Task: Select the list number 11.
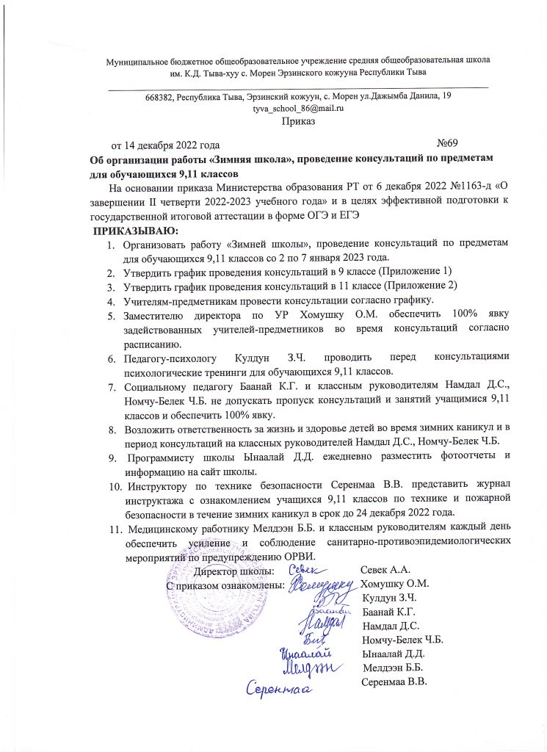coord(113,529)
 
